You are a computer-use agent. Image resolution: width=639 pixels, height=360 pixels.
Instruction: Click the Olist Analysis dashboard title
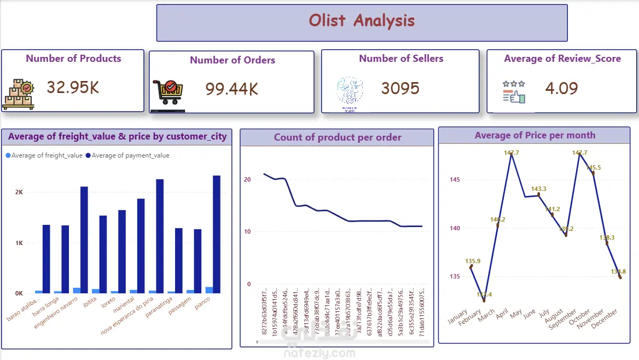362,21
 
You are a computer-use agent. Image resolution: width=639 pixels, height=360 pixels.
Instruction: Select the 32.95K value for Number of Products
73,87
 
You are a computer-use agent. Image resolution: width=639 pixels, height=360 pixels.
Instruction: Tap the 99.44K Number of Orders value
232,89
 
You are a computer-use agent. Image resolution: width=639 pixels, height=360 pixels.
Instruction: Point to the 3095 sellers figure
400,88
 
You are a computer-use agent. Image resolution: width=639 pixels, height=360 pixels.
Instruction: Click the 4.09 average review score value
561,88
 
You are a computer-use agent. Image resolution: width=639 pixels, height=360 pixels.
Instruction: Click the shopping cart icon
168,92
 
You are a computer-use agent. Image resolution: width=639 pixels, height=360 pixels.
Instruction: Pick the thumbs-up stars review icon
514,92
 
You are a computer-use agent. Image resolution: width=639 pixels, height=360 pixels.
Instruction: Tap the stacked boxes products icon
18,94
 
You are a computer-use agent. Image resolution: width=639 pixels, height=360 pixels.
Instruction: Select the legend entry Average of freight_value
44,155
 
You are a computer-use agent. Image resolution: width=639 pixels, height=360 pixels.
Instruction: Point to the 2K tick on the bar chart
19,193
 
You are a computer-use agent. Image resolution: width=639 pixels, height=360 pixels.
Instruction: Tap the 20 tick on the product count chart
247,179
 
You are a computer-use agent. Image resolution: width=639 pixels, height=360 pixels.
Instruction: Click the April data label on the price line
511,153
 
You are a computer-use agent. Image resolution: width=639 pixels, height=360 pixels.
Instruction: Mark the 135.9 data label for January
473,261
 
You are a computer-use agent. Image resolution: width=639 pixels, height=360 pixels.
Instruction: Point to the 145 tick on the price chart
455,179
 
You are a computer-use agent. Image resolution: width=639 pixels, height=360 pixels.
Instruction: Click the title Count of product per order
338,137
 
